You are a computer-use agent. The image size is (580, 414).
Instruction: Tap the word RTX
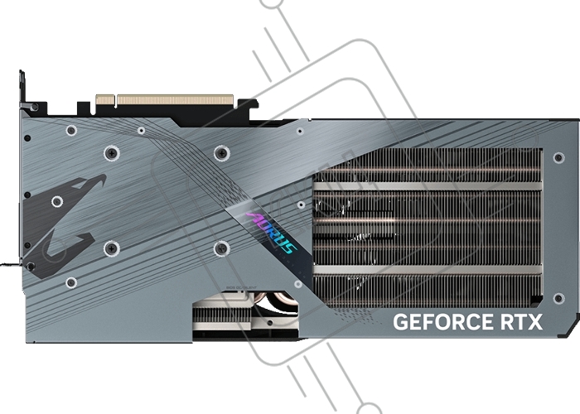point(520,321)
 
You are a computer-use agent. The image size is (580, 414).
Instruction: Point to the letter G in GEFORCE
point(399,321)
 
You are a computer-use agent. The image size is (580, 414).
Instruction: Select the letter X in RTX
point(535,321)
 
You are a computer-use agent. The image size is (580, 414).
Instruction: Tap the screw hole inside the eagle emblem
point(56,201)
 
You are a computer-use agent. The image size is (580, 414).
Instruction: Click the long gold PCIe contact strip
point(176,100)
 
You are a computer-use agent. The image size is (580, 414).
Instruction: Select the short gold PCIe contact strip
point(104,100)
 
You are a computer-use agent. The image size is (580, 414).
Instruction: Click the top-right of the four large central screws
point(220,153)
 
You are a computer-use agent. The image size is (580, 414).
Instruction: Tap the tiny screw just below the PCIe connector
point(141,130)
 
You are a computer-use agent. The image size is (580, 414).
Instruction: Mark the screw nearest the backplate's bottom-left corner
point(71,282)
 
